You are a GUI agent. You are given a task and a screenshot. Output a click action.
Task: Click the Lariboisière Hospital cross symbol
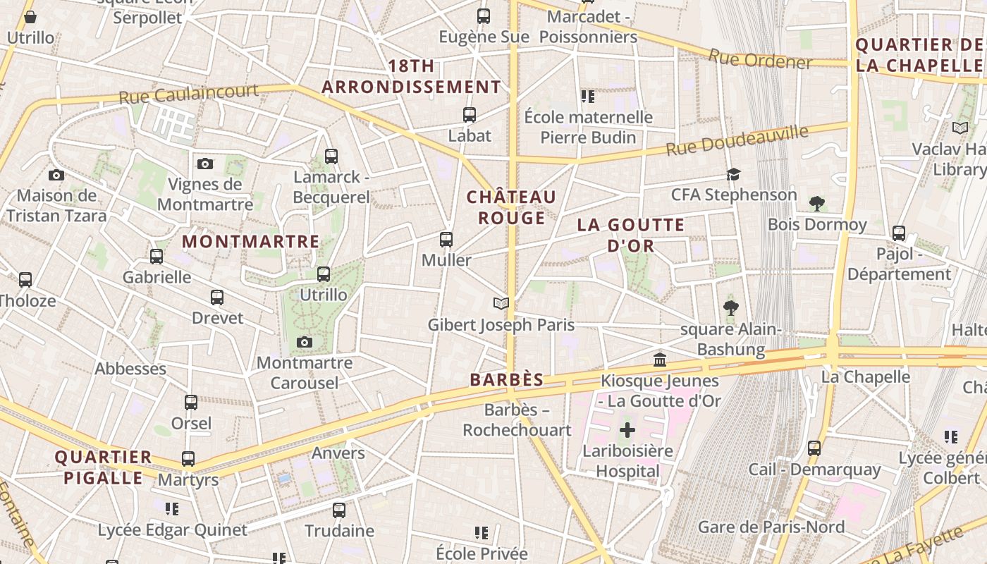pos(627,430)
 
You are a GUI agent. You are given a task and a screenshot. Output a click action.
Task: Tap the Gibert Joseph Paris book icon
pos(501,304)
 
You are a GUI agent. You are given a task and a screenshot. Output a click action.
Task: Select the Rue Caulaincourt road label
pos(188,94)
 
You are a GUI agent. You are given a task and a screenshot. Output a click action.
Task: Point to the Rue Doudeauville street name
pos(737,140)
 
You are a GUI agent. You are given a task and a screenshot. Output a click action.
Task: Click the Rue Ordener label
pos(760,60)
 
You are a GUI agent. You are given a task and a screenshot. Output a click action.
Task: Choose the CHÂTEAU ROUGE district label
pos(511,207)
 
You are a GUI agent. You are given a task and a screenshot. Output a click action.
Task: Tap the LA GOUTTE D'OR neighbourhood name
pos(631,235)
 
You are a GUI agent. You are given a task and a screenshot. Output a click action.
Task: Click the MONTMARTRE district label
pos(251,242)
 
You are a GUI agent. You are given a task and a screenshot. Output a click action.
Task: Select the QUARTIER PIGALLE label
pos(104,467)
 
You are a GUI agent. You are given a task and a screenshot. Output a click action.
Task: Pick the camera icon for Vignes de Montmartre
pos(205,164)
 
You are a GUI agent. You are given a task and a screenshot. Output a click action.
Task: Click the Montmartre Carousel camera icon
pos(305,343)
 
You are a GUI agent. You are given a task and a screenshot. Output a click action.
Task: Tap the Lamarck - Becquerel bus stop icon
pos(331,157)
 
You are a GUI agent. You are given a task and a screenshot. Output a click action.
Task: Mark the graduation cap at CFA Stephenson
pos(734,174)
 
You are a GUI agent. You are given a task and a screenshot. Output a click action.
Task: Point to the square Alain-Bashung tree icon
pos(730,308)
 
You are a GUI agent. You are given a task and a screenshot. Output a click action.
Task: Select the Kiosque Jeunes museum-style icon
pos(660,360)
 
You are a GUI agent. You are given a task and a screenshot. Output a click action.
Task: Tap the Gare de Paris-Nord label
pos(771,527)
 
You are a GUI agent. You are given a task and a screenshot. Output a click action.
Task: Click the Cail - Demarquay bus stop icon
pos(814,448)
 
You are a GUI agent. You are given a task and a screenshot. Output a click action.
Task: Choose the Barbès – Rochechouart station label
pos(517,419)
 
